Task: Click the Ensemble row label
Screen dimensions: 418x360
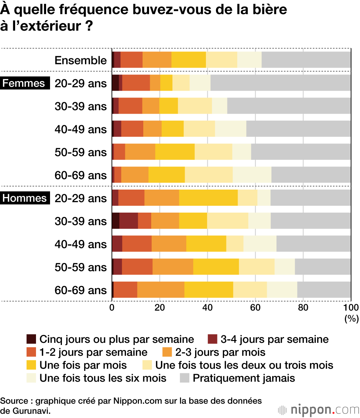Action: pos(81,60)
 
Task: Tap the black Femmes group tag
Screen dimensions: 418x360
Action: pos(24,83)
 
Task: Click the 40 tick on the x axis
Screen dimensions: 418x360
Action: pos(207,307)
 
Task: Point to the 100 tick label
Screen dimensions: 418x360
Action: pos(351,307)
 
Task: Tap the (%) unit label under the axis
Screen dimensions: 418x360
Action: pos(351,318)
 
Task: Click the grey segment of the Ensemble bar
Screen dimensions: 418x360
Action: pos(306,60)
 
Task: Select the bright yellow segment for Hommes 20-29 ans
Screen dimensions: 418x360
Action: pos(208,198)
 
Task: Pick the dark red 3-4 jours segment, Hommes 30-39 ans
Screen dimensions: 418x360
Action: pos(129,221)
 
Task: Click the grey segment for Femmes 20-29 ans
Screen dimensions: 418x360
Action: pos(280,83)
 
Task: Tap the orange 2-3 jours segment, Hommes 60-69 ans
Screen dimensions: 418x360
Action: pos(161,290)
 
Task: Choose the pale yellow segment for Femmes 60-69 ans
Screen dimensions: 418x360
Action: pos(209,175)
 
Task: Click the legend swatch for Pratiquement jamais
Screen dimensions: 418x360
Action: pos(184,378)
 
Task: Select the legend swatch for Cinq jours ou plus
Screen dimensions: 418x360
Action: pos(31,339)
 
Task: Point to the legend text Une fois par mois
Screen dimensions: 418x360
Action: pos(83,365)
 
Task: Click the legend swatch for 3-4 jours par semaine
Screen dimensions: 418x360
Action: pos(213,339)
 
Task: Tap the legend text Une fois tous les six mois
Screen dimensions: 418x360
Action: pos(103,378)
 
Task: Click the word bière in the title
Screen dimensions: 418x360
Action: pos(269,10)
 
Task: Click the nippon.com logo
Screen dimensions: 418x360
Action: pos(319,410)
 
